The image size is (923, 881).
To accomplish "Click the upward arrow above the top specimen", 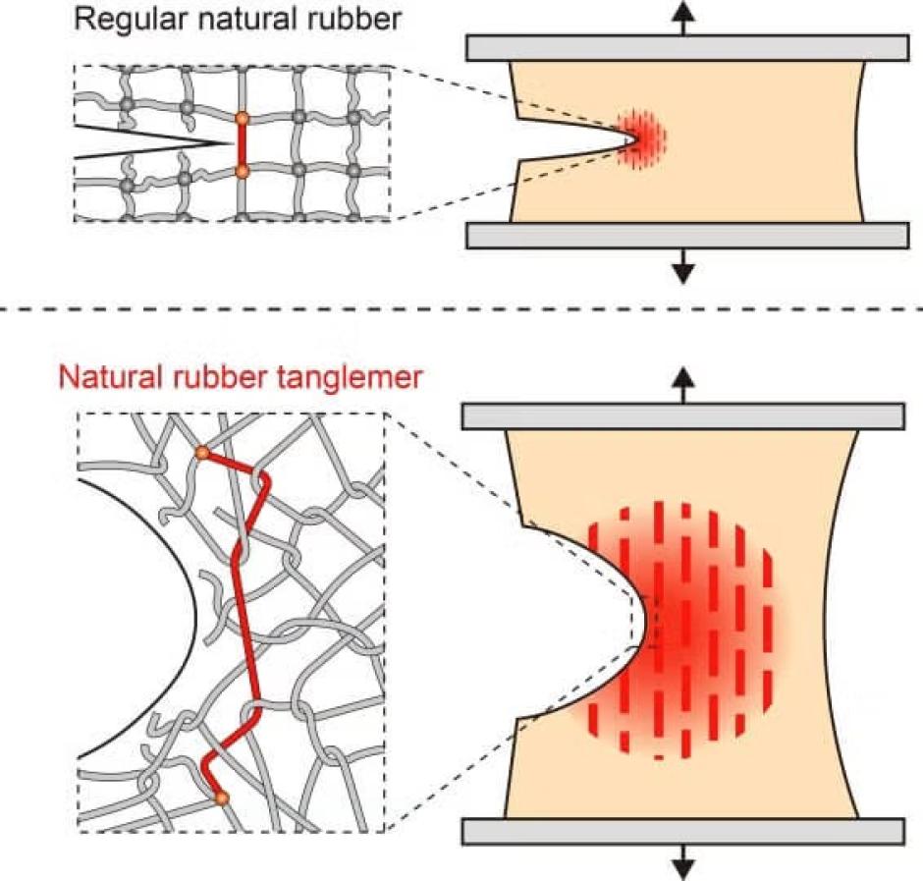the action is click(x=682, y=18).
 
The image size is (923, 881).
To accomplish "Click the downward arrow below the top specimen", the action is click(x=682, y=266).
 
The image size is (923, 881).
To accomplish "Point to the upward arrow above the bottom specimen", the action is click(x=682, y=385).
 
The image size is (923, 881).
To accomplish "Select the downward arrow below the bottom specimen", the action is click(x=682, y=862).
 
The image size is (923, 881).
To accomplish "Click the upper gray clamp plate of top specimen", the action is click(x=687, y=48).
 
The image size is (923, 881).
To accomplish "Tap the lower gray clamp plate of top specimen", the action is click(x=687, y=236).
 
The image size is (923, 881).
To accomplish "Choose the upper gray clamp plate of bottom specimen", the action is click(x=682, y=416).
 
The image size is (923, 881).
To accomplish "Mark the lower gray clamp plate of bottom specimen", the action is click(x=682, y=832).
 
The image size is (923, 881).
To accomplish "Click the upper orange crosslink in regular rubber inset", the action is click(x=242, y=119).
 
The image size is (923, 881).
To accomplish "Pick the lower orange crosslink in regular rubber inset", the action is click(x=242, y=171).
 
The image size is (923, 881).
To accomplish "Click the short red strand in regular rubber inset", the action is click(x=242, y=145).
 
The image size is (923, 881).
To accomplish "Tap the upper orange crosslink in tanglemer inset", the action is click(x=202, y=453).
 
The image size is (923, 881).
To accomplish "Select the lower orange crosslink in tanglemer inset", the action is click(x=221, y=798).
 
